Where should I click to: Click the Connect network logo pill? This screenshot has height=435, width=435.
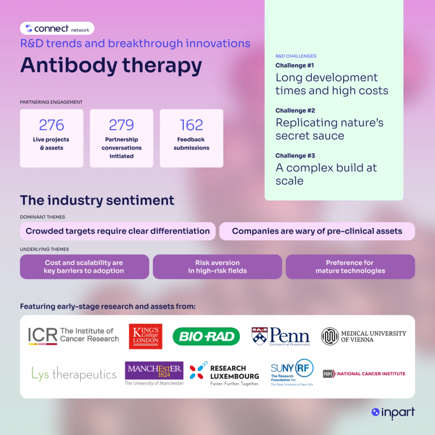(x=57, y=29)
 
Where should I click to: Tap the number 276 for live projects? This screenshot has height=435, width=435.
(x=51, y=124)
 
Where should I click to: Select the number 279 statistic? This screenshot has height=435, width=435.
(x=121, y=124)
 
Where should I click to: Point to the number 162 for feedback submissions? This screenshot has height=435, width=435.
(x=191, y=124)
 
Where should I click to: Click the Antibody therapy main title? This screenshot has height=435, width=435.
(x=111, y=65)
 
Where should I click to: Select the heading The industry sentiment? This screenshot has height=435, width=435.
(x=97, y=200)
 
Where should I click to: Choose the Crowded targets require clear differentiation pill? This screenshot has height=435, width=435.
(x=118, y=231)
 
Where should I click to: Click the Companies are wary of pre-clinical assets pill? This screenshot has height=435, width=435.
(x=317, y=231)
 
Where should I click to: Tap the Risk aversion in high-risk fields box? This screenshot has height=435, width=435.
(x=217, y=266)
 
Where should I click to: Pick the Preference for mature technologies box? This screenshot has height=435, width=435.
(x=350, y=266)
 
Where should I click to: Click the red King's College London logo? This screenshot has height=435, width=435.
(x=146, y=336)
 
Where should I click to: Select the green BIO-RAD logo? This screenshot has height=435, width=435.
(x=206, y=336)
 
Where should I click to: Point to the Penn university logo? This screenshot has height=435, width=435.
(x=280, y=336)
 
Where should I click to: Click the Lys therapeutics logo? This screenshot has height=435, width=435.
(x=74, y=374)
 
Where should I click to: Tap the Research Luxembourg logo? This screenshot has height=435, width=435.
(x=225, y=374)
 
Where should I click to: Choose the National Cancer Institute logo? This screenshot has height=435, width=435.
(x=364, y=374)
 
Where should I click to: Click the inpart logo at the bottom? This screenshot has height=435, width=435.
(x=393, y=412)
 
